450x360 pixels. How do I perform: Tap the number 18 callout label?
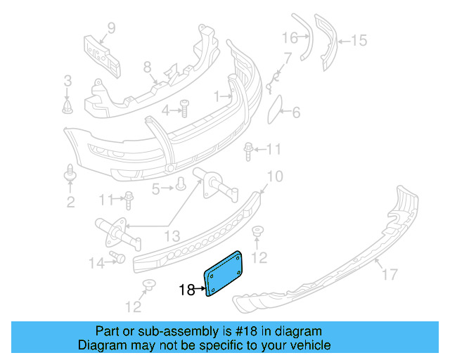186,289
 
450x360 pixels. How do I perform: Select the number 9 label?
110,29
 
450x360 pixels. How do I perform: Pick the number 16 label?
290,37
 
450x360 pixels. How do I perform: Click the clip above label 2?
70,171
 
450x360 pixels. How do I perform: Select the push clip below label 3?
67,106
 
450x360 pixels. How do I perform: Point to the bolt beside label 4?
184,109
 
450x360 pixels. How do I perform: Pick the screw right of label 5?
181,185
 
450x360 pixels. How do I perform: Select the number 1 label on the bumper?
218,95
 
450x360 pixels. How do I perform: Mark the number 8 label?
147,67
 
